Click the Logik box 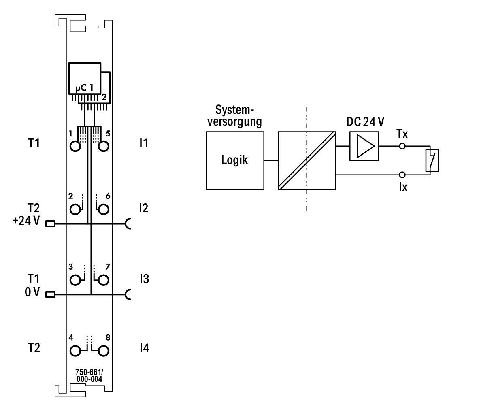[235, 160]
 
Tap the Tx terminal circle [402, 146]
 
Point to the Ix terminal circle [402, 175]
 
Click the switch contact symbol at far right [432, 160]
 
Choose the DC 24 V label [365, 121]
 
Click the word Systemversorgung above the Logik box [234, 115]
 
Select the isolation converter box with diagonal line [307, 160]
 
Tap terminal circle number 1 [75, 146]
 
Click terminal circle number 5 [104, 146]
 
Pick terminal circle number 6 [104, 209]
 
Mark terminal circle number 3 [75, 280]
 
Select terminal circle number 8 [104, 351]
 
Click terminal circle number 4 [75, 351]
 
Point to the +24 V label [26, 221]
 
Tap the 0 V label [32, 292]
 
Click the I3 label [144, 279]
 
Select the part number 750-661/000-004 [89, 376]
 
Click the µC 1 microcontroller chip [85, 79]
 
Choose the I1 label [144, 143]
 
